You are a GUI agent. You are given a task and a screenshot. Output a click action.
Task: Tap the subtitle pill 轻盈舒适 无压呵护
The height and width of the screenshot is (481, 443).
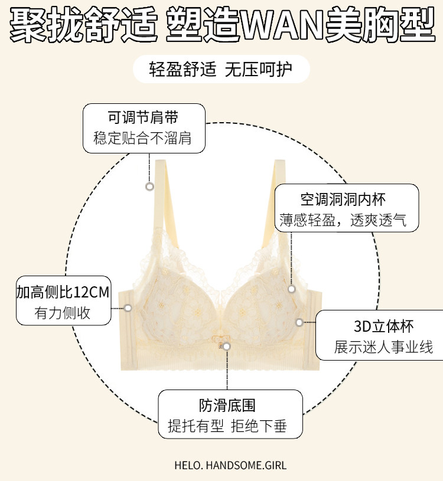[221, 70]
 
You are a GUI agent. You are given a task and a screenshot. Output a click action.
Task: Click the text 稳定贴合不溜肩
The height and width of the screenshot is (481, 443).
[143, 139]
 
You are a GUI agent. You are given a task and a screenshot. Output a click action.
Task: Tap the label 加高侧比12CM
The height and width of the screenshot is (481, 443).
[63, 292]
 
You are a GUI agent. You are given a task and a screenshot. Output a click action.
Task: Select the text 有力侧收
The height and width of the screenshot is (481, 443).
[63, 313]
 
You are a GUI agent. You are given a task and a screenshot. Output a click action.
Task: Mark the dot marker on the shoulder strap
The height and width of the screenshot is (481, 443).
[149, 186]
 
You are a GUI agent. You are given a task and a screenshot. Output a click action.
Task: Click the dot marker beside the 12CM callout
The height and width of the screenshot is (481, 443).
[128, 307]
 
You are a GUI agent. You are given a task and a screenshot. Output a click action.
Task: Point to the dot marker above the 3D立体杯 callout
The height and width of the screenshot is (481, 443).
[291, 289]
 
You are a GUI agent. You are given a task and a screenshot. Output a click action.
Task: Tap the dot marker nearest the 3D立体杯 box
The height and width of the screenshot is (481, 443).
[299, 322]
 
